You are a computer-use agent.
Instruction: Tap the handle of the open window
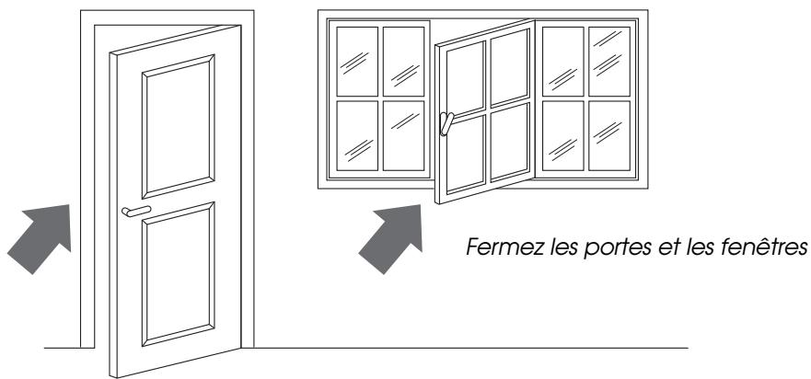446,124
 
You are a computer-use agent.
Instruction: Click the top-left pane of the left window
357,61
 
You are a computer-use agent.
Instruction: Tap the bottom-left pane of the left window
357,134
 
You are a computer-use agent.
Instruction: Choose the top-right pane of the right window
608,60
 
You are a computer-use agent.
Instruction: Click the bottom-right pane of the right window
608,134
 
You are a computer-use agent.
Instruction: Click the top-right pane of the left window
403,61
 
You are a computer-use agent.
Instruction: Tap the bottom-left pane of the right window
562,134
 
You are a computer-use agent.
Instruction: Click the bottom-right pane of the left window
403,134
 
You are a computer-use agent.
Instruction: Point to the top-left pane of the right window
562,60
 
